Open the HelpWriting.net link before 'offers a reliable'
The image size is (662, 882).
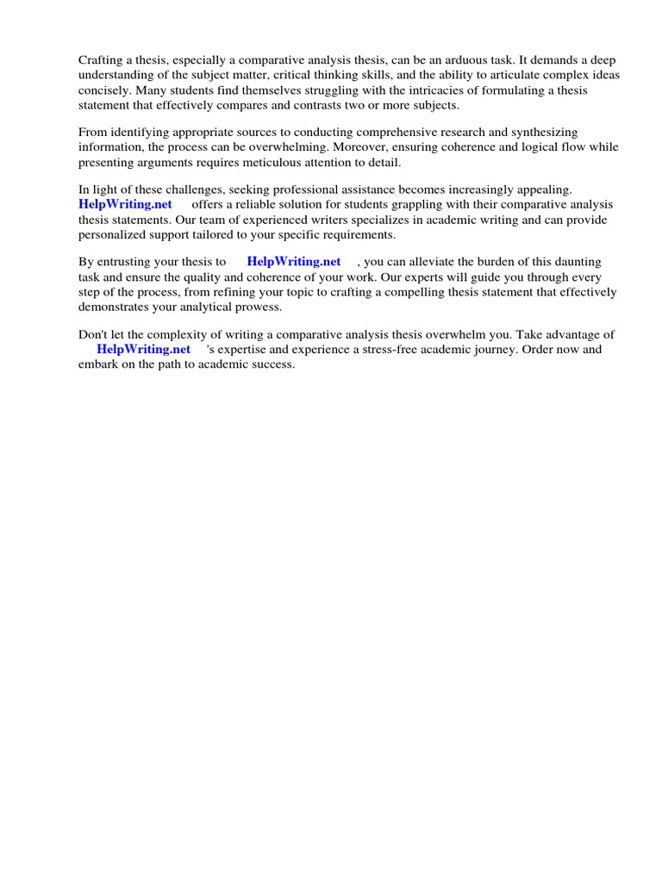point(125,204)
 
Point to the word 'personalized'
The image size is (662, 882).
point(114,234)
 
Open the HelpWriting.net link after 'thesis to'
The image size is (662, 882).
point(294,261)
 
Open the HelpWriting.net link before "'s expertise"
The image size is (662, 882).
point(143,349)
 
